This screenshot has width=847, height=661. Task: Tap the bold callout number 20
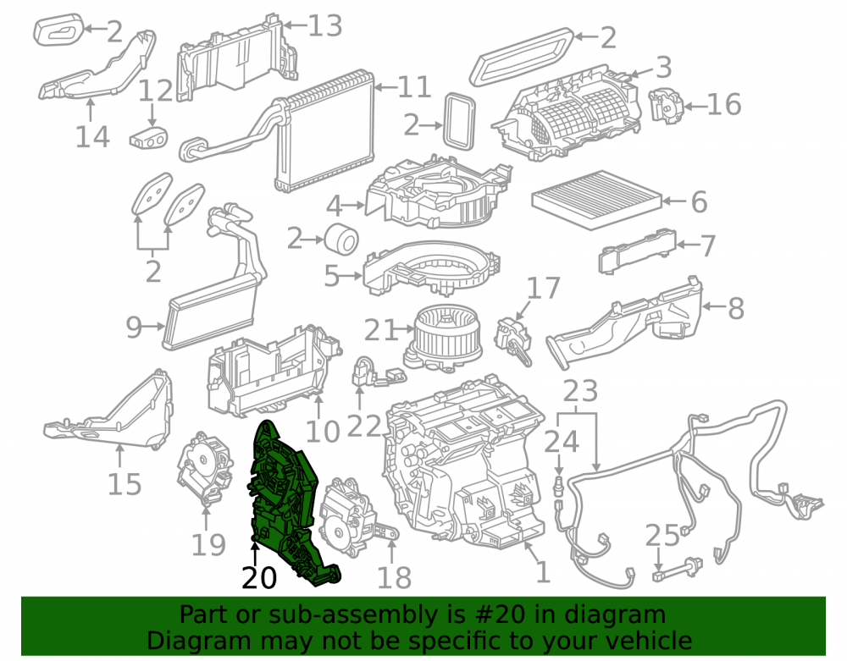[259, 578]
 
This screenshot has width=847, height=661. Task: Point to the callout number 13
[325, 25]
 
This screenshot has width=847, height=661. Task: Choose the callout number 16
[724, 104]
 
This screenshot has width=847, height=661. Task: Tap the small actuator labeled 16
[665, 105]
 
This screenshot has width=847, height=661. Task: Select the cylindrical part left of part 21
[341, 238]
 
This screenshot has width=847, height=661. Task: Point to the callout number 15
[125, 484]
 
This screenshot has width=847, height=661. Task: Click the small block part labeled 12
[148, 138]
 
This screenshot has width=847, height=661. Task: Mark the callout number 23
[580, 391]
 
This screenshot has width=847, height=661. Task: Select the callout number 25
[662, 535]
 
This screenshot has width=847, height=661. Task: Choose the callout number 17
[544, 288]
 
